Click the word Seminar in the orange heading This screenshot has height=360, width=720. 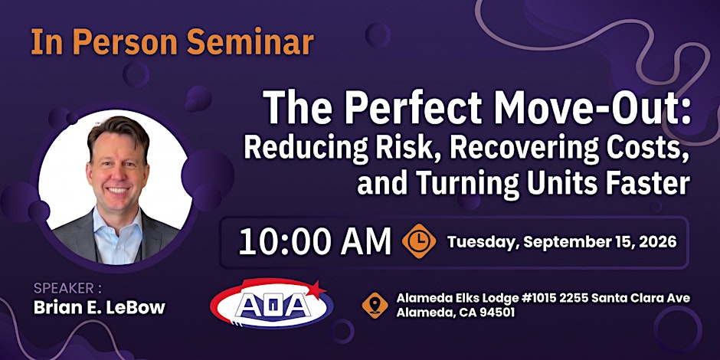(x=250, y=42)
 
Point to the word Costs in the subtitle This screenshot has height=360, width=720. (x=650, y=148)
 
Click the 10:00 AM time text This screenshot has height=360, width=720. (x=315, y=242)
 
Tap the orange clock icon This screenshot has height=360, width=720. (x=419, y=241)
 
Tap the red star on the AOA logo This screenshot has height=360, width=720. (x=315, y=289)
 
